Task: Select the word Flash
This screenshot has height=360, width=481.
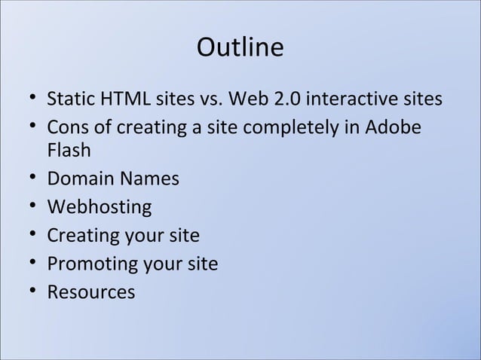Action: point(69,151)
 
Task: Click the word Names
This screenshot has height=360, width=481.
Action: point(149,179)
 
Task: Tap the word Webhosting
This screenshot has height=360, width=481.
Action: point(99,207)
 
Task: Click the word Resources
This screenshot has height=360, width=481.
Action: point(90,292)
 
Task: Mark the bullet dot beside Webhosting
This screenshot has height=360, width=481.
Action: point(29,207)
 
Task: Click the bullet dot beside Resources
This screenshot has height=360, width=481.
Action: point(29,292)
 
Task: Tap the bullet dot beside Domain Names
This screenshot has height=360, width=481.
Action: point(29,179)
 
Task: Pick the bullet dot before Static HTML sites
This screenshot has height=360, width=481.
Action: point(29,99)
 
